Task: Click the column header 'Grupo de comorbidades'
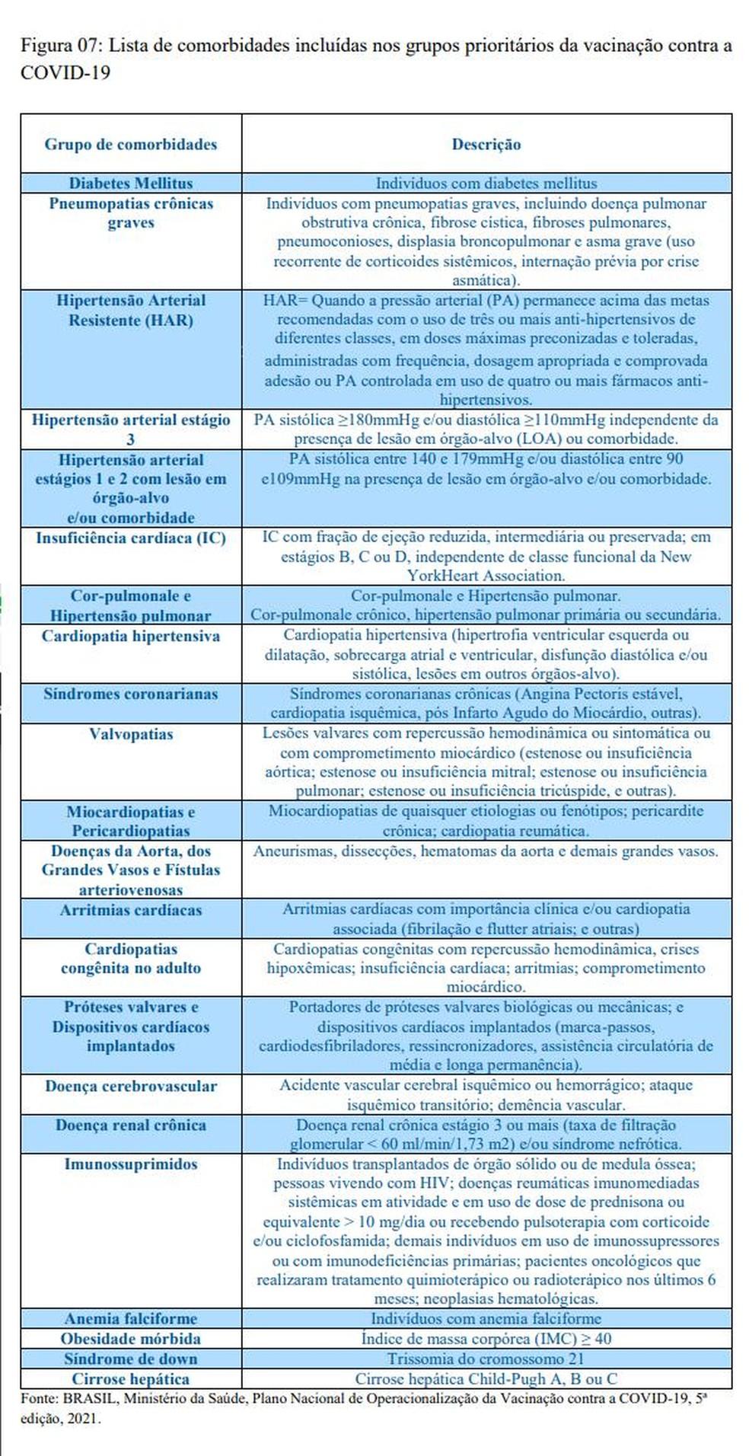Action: pyautogui.click(x=130, y=144)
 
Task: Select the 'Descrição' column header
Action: pyautogui.click(x=486, y=144)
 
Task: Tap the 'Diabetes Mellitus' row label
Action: pyautogui.click(x=130, y=183)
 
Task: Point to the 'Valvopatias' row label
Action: pyautogui.click(x=130, y=734)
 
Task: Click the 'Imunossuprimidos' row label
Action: pyautogui.click(x=130, y=1164)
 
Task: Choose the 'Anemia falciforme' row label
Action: pyautogui.click(x=130, y=1319)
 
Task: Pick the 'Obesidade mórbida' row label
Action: pyautogui.click(x=130, y=1339)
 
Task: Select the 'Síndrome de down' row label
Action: pyautogui.click(x=130, y=1359)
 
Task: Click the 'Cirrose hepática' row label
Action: pyautogui.click(x=130, y=1379)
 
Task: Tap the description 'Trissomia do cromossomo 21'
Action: pyautogui.click(x=486, y=1359)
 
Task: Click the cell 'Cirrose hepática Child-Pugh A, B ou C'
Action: pyautogui.click(x=486, y=1379)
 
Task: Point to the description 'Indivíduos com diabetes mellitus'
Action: pyautogui.click(x=486, y=183)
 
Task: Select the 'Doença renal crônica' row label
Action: pyautogui.click(x=130, y=1125)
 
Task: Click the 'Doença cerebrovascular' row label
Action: pyautogui.click(x=130, y=1086)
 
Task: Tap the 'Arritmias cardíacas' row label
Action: pyautogui.click(x=130, y=910)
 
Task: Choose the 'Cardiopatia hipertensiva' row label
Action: pyautogui.click(x=130, y=636)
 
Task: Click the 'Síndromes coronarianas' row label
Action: pyautogui.click(x=130, y=694)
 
